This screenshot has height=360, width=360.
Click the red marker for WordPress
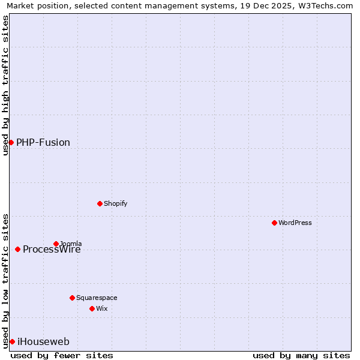point(274,223)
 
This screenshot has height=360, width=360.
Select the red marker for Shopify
point(100,203)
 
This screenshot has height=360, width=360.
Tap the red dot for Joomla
point(56,244)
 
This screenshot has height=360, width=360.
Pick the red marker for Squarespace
point(72,298)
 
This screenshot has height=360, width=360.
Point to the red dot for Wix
point(92,308)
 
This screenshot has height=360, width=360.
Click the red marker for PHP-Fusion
point(11,142)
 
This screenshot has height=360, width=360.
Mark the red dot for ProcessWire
point(17,249)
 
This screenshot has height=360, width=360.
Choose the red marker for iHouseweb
point(12,341)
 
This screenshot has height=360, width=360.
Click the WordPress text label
point(295,223)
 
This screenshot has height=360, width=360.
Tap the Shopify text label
point(116,203)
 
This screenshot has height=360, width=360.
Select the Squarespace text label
point(97,298)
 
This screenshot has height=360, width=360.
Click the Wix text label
point(101,308)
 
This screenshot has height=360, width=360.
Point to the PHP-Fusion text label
point(43,142)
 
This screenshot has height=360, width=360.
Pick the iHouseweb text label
point(44,341)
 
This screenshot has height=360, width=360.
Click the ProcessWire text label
point(52,250)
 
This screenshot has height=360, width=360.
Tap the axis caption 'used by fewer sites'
point(62,355)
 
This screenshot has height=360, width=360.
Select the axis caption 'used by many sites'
point(301,355)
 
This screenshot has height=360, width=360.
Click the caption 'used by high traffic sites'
point(5,85)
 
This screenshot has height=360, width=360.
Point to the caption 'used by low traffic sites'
point(5,280)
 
